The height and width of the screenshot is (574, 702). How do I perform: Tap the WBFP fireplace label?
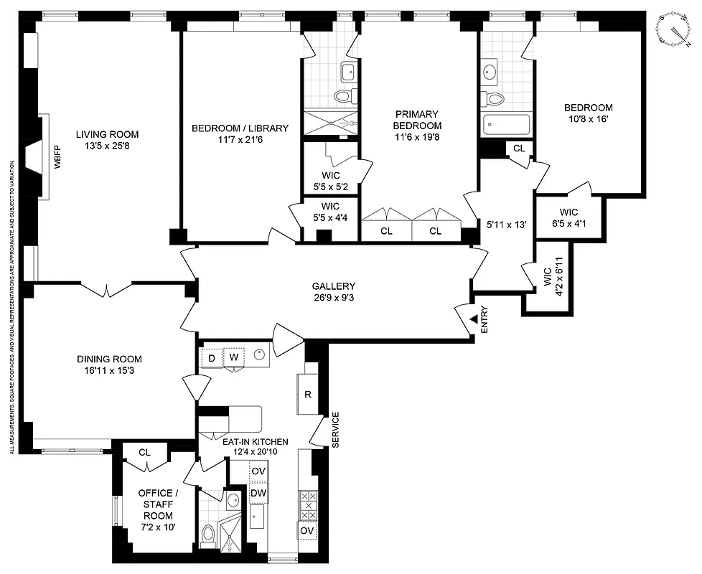pos(57,157)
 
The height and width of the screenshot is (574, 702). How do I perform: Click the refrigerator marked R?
pos(307,393)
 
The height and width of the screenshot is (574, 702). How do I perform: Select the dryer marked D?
pos(212,357)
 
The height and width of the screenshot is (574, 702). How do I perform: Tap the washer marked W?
pos(233,357)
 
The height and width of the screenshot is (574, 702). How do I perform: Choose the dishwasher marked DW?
pos(258,494)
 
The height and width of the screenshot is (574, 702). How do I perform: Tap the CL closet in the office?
pos(144,453)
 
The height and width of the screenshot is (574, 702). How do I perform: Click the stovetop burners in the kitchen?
pos(308,506)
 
